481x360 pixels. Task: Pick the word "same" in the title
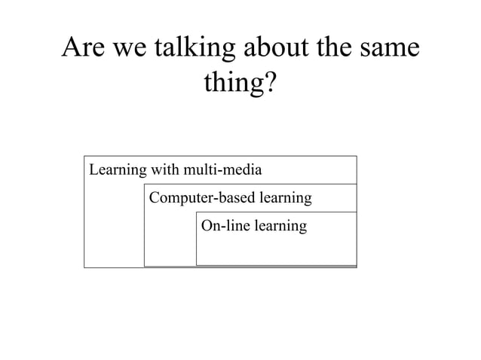[391, 50]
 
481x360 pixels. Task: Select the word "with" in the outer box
[165, 168]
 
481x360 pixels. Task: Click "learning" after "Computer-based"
[285, 199]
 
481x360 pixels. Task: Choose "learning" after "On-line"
[280, 226]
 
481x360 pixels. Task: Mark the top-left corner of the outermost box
[84, 156]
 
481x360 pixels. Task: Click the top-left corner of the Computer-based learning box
[144, 184]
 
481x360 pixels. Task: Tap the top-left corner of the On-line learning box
[196, 212]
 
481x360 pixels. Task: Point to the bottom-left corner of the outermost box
[84, 267]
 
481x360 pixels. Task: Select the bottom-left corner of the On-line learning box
[196, 265]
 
